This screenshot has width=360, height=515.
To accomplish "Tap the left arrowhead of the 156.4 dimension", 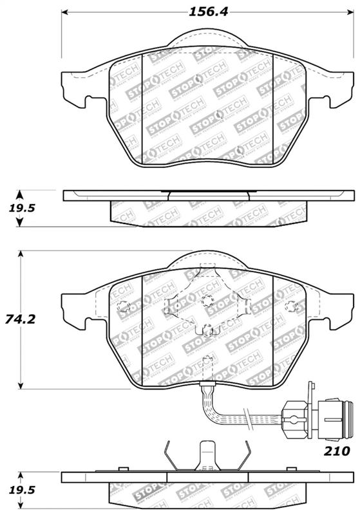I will [66, 12].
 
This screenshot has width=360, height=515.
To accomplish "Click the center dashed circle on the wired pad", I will [207, 300].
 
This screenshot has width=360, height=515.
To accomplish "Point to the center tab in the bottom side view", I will [207, 457].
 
